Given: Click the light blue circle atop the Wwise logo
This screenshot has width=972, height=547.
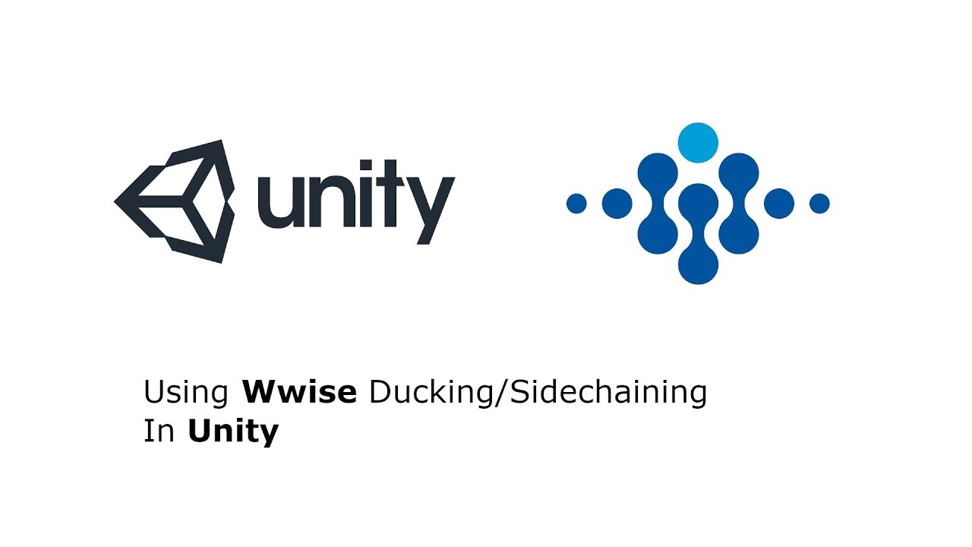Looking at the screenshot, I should click(x=698, y=142).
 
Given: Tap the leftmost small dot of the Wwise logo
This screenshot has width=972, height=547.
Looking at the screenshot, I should click(x=576, y=204).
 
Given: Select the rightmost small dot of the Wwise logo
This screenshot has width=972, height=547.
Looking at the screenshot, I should click(x=819, y=204).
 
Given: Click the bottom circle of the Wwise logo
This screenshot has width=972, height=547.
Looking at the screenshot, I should click(x=698, y=264).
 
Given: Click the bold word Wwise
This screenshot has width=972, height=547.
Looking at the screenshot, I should click(x=299, y=393).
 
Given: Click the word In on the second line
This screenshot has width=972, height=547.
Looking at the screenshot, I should click(x=159, y=432).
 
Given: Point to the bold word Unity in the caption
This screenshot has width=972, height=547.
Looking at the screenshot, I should click(x=233, y=432).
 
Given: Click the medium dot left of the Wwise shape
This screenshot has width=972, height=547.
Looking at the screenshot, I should click(x=617, y=204).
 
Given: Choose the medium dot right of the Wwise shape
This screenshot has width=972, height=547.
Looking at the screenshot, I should click(x=779, y=204).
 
